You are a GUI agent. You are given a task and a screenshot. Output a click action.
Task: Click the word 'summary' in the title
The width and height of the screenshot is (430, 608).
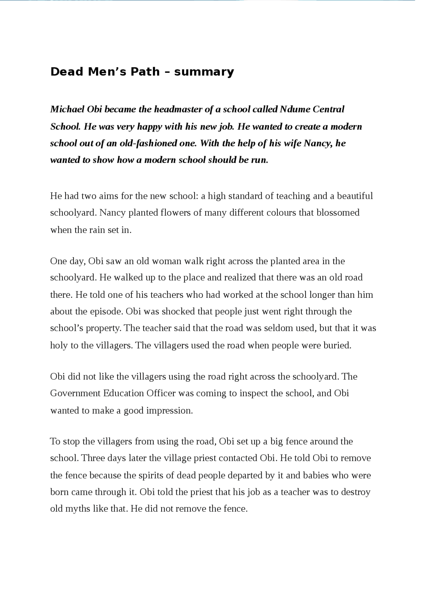tap(204, 72)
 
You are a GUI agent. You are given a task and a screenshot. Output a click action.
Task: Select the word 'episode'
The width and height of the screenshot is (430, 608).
tap(106, 312)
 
